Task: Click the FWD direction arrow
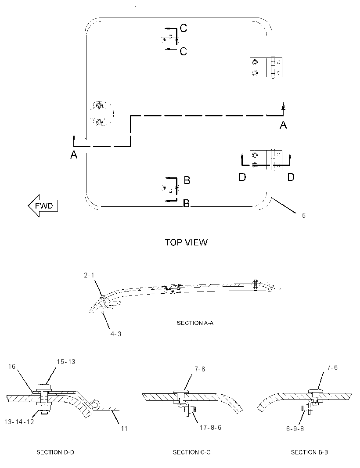coord(43,205)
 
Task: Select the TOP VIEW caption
coord(186,242)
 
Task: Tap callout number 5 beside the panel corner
coord(303,216)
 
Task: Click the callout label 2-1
coord(89,275)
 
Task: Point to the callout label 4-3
coord(116,334)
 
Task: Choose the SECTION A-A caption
coord(195,323)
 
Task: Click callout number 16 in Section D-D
coord(12,366)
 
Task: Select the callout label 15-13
coord(66,361)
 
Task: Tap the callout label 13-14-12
coord(19,421)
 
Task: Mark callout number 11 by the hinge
coord(124,428)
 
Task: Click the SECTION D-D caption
coord(55,452)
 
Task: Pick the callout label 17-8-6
coord(210,428)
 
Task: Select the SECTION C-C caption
coord(192,452)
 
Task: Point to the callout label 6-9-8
coord(295,428)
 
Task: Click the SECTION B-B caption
coord(309,452)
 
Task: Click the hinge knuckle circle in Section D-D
coord(96,405)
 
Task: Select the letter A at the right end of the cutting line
coord(283,124)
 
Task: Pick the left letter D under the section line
coord(242,177)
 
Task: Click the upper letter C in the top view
coord(184,28)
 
